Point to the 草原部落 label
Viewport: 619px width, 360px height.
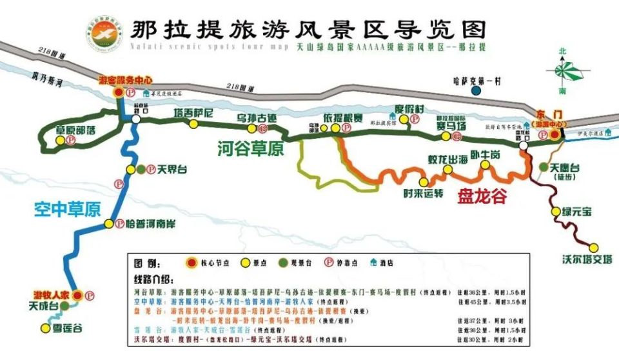pyautogui.click(x=76, y=129)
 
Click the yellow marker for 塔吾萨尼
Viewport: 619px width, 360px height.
pyautogui.click(x=193, y=125)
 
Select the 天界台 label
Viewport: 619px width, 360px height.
pyautogui.click(x=173, y=169)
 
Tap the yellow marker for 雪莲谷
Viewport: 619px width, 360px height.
pyautogui.click(x=45, y=328)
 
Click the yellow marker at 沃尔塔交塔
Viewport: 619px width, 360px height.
pyautogui.click(x=593, y=246)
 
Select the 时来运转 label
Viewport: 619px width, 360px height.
pyautogui.click(x=423, y=192)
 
